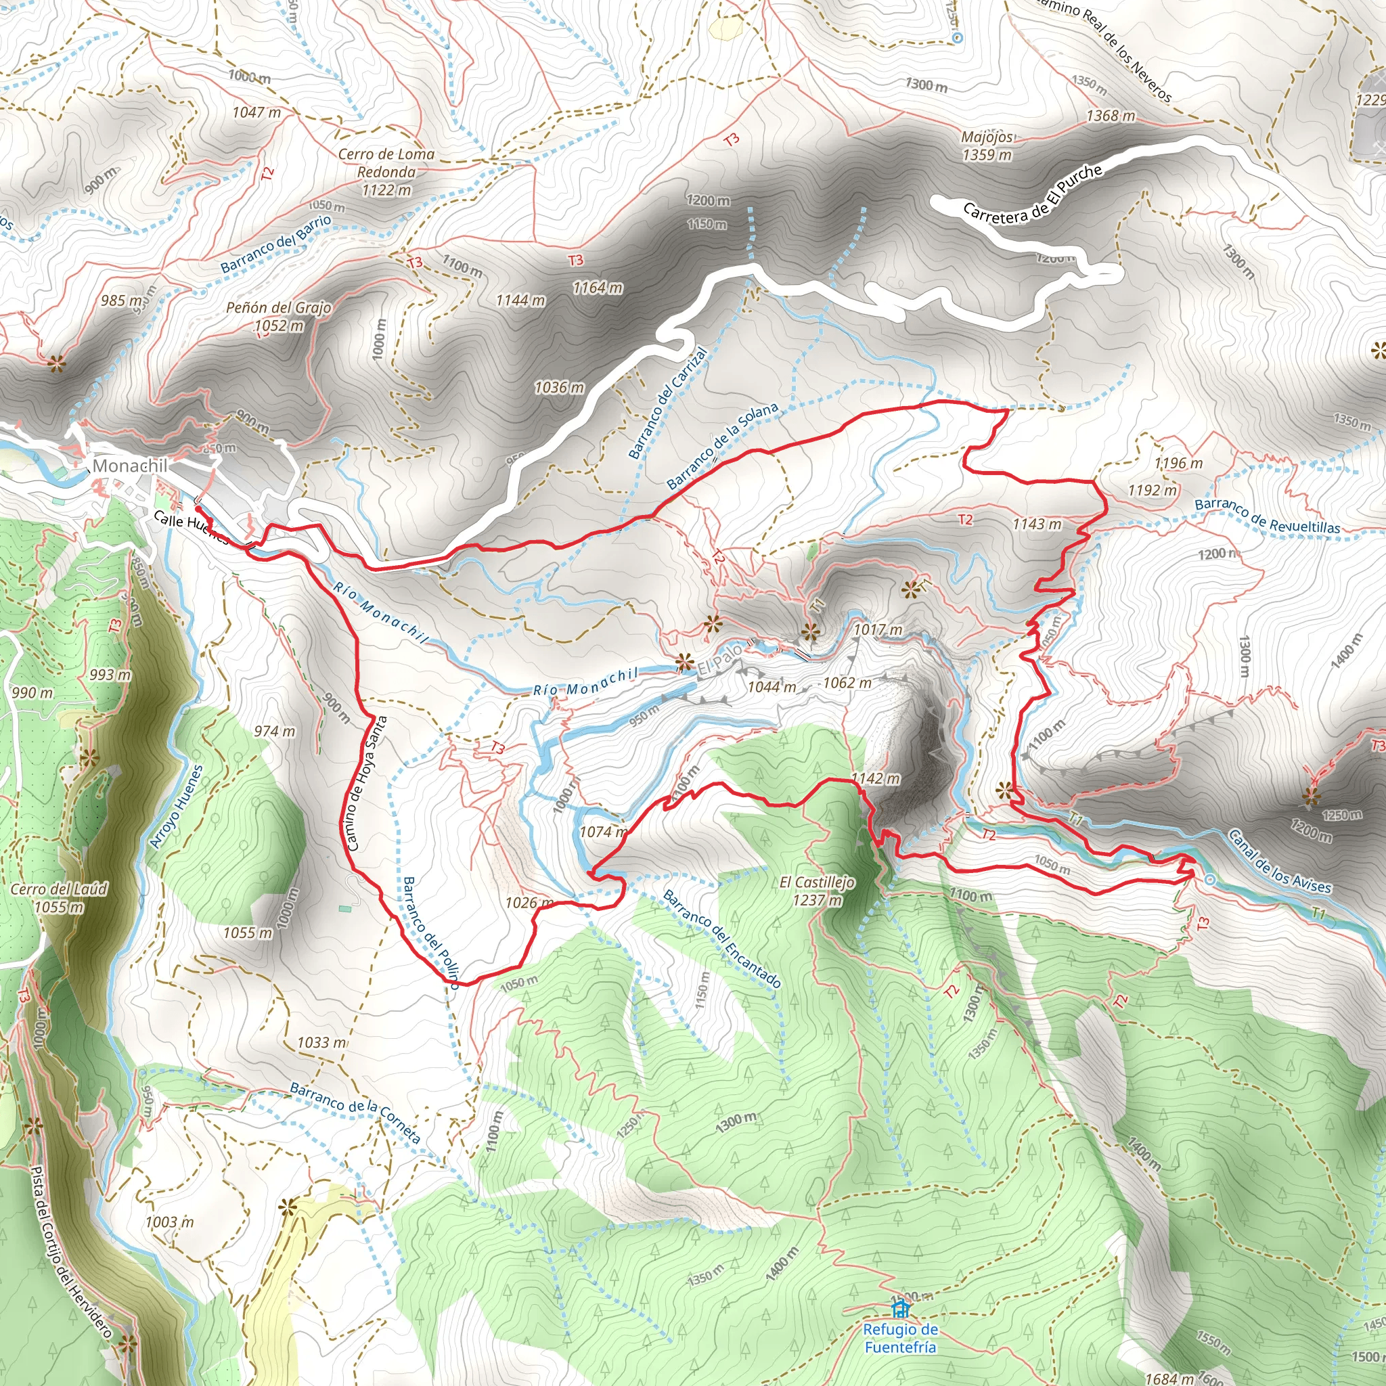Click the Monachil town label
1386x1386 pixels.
point(130,466)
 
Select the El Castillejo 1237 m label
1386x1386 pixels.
point(817,891)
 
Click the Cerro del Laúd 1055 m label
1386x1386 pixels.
point(59,898)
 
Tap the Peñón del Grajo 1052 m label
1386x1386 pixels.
point(279,316)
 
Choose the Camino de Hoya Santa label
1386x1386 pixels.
point(366,784)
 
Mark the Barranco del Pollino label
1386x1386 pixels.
point(430,932)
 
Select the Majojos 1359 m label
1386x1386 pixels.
point(987,146)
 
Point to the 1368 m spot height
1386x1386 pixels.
point(1111,116)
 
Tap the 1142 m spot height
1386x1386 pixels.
point(875,778)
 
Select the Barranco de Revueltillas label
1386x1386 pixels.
point(1267,516)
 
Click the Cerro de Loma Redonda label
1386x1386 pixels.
point(386,171)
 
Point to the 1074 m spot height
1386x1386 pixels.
point(603,832)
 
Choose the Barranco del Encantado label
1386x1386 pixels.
point(721,937)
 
